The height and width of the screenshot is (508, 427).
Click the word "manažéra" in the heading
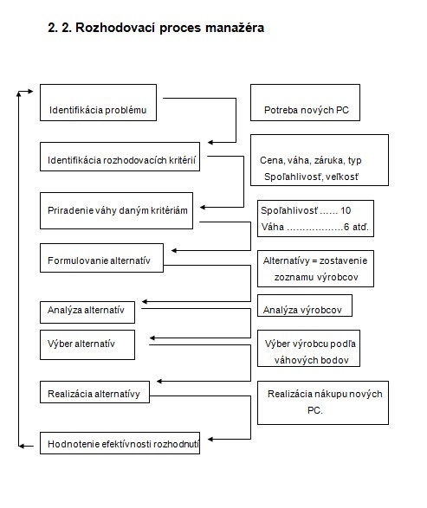click(235, 28)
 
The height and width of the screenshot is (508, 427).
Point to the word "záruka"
click(329, 160)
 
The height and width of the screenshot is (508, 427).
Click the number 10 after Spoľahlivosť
click(346, 210)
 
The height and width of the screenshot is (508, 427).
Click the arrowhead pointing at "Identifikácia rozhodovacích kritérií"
click(210, 142)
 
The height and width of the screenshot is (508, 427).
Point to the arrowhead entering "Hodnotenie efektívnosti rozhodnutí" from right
click(210, 440)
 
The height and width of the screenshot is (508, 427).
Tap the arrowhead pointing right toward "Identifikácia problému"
click(30, 92)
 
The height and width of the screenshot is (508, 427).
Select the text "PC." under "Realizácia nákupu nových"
click(314, 410)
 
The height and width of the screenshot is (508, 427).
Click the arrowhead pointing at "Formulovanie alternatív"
click(174, 250)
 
